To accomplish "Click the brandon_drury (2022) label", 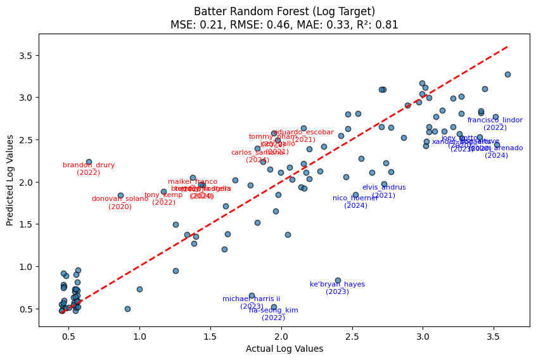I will [89, 169].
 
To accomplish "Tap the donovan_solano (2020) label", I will [120, 202].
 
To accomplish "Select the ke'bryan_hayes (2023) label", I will [337, 288].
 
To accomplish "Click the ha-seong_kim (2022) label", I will [273, 314].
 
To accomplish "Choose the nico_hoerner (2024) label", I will [355, 202].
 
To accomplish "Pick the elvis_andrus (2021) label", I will [384, 191].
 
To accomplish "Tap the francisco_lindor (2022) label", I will [495, 124].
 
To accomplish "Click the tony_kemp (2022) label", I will [163, 198].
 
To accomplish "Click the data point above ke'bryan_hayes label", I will [338, 280].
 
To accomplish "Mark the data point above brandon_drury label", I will [89, 162].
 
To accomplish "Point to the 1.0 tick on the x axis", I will [139, 337].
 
